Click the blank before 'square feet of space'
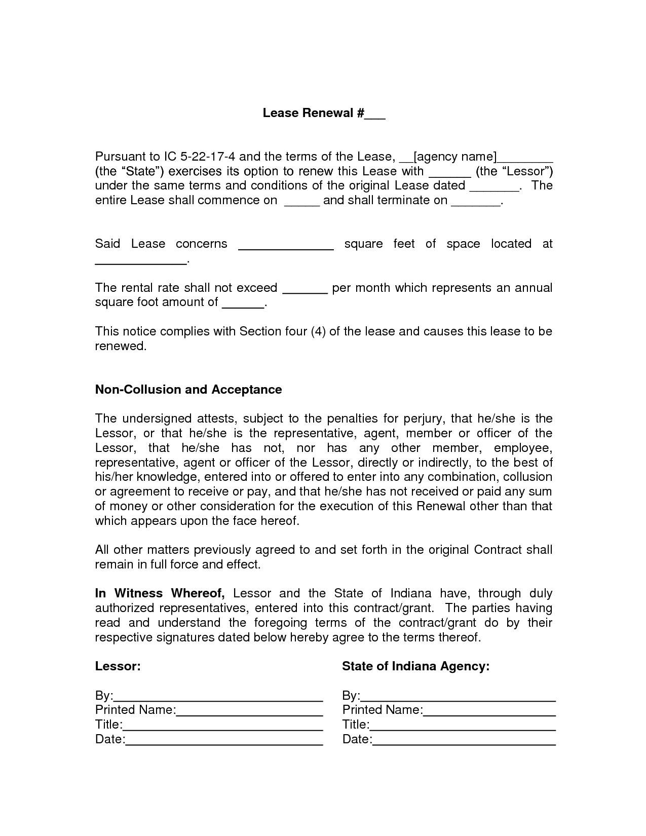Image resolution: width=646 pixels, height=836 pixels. (x=286, y=245)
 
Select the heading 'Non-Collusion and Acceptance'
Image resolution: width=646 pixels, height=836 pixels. (x=188, y=390)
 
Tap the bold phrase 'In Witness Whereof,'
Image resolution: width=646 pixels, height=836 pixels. (x=160, y=593)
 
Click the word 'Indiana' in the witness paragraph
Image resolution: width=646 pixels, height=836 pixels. (x=411, y=593)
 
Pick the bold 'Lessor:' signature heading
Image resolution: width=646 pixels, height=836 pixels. (x=118, y=666)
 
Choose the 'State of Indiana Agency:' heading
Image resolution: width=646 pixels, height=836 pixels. (x=416, y=666)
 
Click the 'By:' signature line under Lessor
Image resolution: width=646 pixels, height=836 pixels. (x=218, y=696)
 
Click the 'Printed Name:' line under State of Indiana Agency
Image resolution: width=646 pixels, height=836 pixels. (x=489, y=710)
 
